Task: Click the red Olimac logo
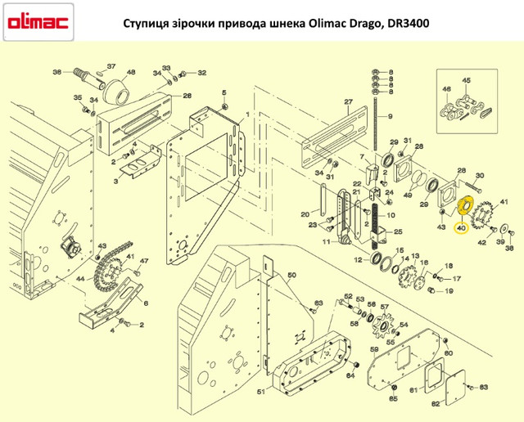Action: point(38,22)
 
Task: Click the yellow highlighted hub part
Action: point(464,207)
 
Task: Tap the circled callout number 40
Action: point(461,228)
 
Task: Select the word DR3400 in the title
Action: point(409,24)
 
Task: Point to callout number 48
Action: point(131,72)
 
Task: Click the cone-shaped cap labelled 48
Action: point(116,92)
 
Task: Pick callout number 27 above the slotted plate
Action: point(349,101)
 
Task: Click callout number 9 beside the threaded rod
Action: point(390,116)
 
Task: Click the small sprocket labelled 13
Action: point(406,276)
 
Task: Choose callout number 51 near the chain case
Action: point(261,391)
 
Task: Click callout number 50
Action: point(291,275)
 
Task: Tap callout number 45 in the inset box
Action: point(466,80)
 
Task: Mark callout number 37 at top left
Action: point(111,66)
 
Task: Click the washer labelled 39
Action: point(502,229)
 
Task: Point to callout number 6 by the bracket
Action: point(146,303)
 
